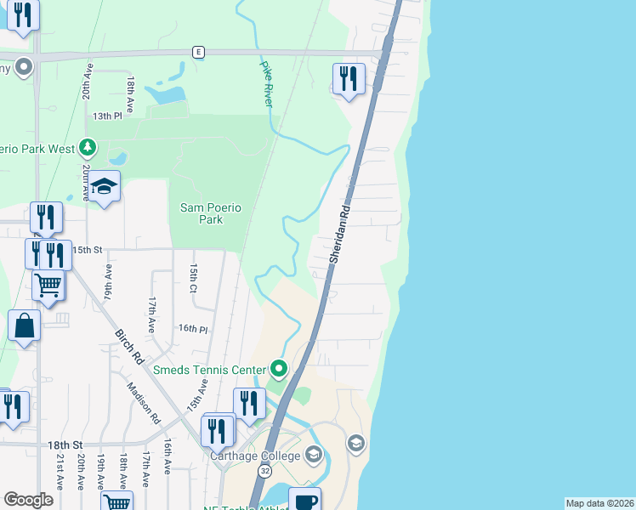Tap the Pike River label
(267, 83)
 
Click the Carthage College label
(255, 456)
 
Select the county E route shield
(197, 52)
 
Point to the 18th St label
(65, 445)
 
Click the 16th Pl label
(193, 329)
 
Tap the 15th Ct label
(194, 278)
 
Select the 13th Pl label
(108, 116)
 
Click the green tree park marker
(87, 148)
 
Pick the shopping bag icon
(25, 326)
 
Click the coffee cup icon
(305, 501)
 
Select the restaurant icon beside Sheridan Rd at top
(348, 79)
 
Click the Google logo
(28, 500)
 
